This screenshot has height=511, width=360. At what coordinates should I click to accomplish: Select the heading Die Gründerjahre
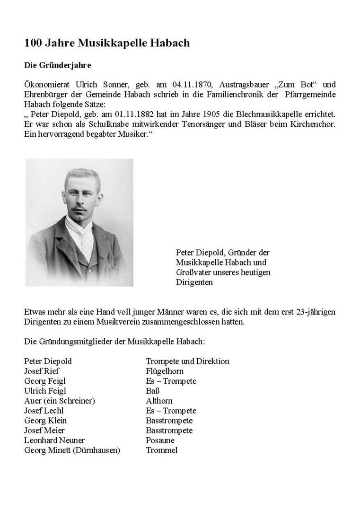click(57, 65)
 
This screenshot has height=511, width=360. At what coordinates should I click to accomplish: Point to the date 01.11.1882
click(120, 115)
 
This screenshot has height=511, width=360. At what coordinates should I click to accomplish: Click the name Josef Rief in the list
click(42, 371)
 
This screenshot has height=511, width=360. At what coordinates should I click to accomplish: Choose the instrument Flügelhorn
click(165, 371)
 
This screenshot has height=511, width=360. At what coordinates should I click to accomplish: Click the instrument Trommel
click(162, 450)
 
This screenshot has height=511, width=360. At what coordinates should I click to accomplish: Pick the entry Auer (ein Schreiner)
click(60, 401)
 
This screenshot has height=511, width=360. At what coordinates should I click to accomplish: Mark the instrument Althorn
click(159, 401)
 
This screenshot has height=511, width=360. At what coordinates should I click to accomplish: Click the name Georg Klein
click(45, 421)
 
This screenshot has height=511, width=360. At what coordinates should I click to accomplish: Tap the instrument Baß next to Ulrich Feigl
click(153, 391)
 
